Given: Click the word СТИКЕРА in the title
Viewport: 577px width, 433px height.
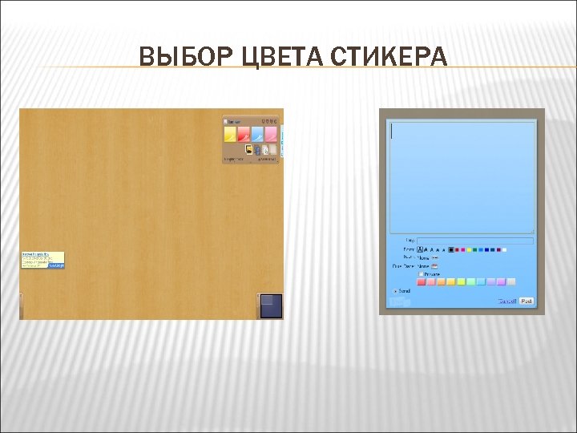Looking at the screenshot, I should pos(392,57).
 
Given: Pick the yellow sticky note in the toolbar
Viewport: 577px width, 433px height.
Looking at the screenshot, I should pos(230,134).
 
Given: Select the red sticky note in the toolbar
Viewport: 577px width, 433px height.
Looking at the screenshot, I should pos(244,134).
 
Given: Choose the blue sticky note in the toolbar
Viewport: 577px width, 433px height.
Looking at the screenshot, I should pos(257,134).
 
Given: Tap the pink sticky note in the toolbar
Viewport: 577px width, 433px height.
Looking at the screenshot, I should pos(271,134).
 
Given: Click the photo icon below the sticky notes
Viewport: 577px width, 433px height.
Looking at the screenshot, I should pos(248,149).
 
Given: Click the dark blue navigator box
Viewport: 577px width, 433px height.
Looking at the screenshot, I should pos(271,306).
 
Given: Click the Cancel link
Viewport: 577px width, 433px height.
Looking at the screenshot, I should pos(507,301).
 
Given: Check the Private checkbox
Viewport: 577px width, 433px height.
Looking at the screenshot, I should pos(421,273).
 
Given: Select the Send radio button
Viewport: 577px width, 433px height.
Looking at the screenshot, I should pos(395,291).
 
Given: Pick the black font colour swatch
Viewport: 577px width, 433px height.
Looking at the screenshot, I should pos(451,249).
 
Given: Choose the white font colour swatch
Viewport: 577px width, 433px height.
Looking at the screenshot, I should pos(504,249).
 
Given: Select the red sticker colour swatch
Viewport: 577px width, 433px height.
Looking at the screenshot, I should pos(422,281).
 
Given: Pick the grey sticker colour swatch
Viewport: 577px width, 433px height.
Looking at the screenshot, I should pos(511,281).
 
